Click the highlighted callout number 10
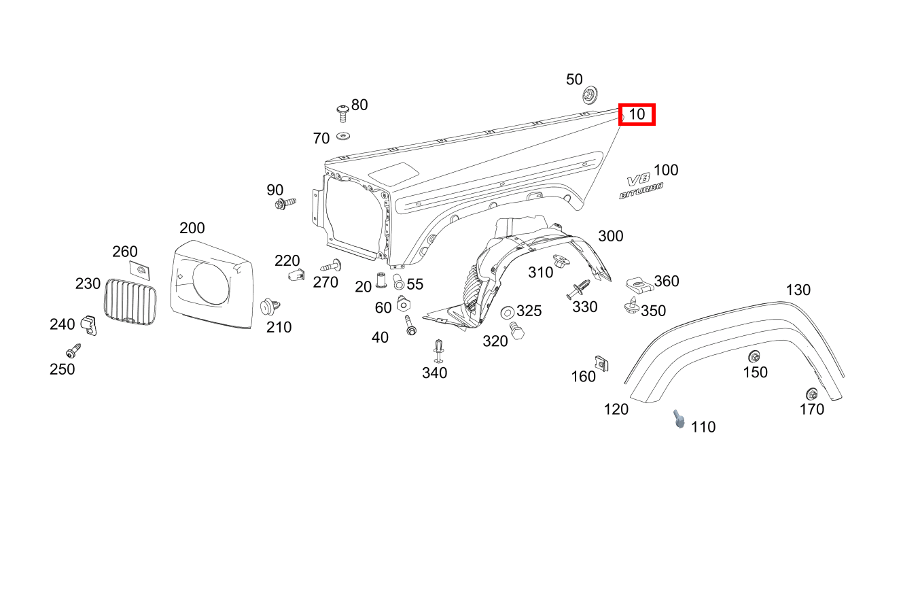[637, 114]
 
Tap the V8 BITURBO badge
[641, 187]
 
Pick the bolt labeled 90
[285, 203]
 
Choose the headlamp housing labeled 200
[211, 283]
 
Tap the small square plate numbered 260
[141, 271]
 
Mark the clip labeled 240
[89, 324]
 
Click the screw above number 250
[73, 352]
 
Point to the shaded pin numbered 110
[678, 419]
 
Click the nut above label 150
[754, 356]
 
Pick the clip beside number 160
[601, 363]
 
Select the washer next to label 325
[507, 312]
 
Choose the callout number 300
[610, 236]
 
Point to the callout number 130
[798, 290]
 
